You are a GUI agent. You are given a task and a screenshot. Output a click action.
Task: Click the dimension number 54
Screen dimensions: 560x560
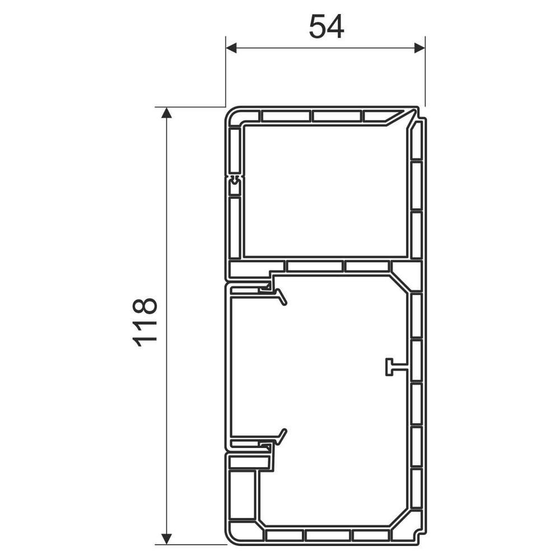click(326, 27)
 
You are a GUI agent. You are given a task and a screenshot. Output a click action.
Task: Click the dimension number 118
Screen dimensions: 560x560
click(145, 323)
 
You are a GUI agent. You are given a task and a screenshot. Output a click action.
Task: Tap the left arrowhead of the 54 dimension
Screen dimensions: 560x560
click(231, 48)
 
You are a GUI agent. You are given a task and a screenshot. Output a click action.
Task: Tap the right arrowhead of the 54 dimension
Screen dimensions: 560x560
click(419, 48)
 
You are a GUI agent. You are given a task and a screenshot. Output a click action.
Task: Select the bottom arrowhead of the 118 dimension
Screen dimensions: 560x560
click(166, 538)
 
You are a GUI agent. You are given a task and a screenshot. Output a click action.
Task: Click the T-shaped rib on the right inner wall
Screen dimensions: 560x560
click(395, 367)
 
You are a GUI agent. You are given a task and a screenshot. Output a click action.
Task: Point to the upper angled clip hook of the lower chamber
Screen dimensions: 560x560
click(282, 298)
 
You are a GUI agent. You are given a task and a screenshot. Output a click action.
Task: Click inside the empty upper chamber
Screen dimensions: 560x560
click(324, 190)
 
